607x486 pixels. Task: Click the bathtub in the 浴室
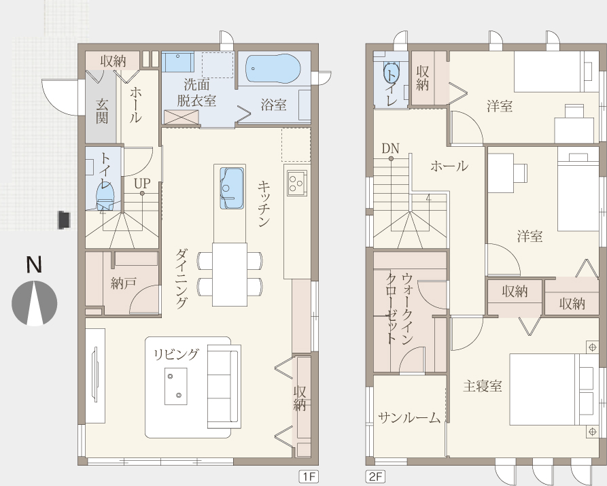pos(273,69)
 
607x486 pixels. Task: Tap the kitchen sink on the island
pos(232,188)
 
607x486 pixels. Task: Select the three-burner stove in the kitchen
pos(297,183)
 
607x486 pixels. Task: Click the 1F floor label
pos(309,476)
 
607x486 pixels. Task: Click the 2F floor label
pos(375,476)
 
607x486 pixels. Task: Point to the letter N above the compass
pos(34,265)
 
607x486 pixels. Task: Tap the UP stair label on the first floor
pos(142,183)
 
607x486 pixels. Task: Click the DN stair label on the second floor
pos(390,148)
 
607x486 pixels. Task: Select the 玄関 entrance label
pos(102,111)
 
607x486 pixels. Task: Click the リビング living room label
pos(177,354)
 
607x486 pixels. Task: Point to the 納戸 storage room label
pos(124,283)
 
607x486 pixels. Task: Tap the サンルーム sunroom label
pos(409,418)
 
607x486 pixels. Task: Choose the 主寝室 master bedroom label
pos(483,385)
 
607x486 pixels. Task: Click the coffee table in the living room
pos(176,386)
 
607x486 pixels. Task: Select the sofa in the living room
pos(224,387)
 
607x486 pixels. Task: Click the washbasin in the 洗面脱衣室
pos(177,63)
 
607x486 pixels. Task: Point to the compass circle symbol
pos(35,303)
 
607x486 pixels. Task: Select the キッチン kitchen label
pos(264,204)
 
